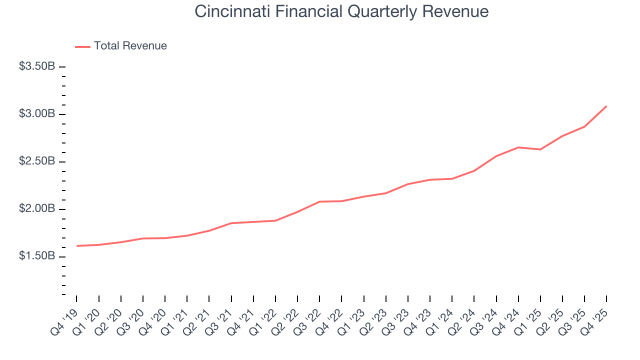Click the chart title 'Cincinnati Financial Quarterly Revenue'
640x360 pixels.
(x=341, y=11)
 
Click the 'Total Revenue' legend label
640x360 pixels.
(x=130, y=46)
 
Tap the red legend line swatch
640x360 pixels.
(x=82, y=46)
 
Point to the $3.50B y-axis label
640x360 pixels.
(x=37, y=66)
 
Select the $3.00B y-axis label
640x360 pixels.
(x=37, y=114)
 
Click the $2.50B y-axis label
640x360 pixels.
(x=37, y=161)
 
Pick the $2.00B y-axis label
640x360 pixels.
(x=37, y=208)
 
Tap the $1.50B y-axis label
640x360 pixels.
(x=37, y=256)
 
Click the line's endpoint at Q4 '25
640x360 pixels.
(x=606, y=106)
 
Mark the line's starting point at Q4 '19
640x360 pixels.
(x=77, y=246)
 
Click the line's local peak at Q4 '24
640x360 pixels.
(x=518, y=147)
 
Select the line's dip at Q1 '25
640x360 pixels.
(x=540, y=149)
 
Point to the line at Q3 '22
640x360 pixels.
(x=319, y=201)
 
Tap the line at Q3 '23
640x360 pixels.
(x=408, y=184)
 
